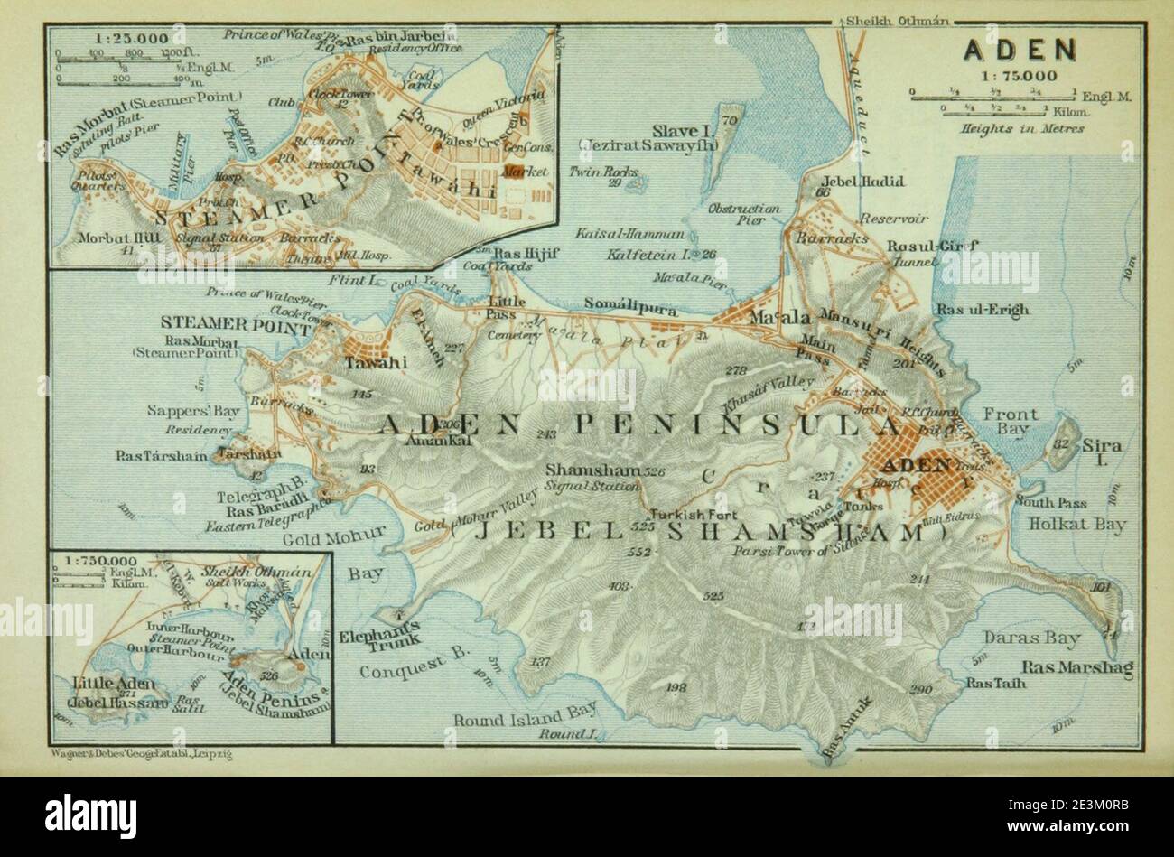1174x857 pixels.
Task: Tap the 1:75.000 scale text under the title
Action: (x=1018, y=77)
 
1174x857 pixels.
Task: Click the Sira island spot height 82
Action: (x=1063, y=443)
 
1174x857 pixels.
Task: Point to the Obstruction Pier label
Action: (x=744, y=213)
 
